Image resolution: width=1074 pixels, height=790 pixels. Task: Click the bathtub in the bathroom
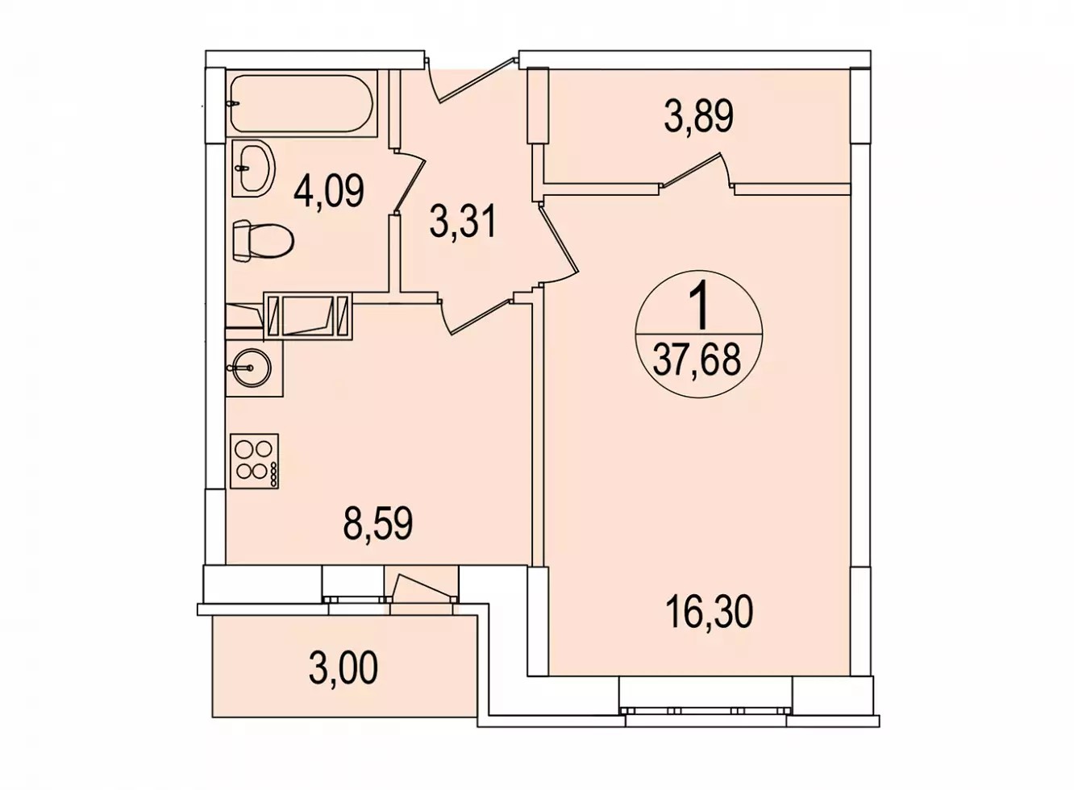pyautogui.click(x=302, y=103)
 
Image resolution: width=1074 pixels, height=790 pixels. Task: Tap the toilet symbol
pyautogui.click(x=263, y=241)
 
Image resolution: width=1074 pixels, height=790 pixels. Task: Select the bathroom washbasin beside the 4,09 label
pyautogui.click(x=253, y=168)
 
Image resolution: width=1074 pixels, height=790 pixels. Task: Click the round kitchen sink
pyautogui.click(x=248, y=368)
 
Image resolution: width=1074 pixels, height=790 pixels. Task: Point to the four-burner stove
pyautogui.click(x=254, y=461)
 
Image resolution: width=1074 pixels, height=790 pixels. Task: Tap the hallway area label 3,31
pyautogui.click(x=463, y=221)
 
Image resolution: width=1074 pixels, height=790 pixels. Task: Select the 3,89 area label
pyautogui.click(x=698, y=115)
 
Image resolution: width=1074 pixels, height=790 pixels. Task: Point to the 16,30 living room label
pyautogui.click(x=710, y=612)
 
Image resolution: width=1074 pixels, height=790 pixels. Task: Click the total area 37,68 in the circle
pyautogui.click(x=697, y=360)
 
